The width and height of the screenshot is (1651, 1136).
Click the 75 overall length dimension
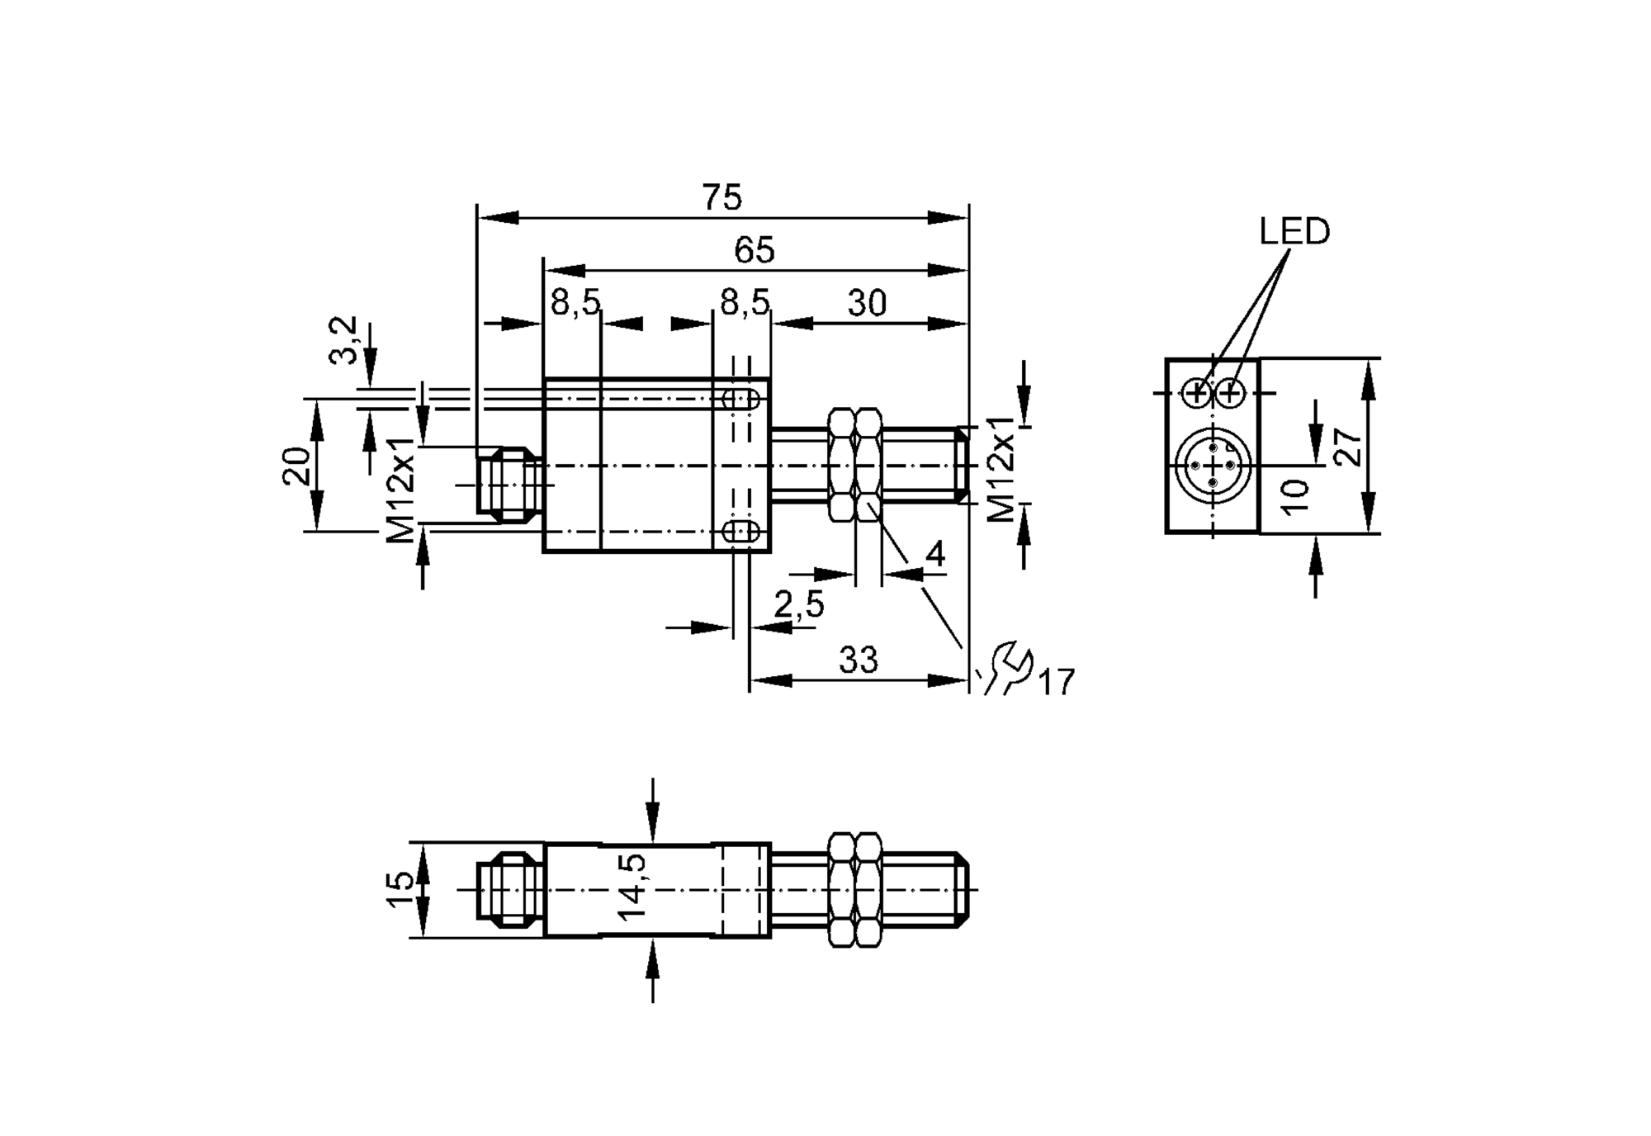pyautogui.click(x=722, y=198)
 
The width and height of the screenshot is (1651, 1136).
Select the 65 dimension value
pyautogui.click(x=754, y=251)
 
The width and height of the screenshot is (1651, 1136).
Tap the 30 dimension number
pyautogui.click(x=867, y=304)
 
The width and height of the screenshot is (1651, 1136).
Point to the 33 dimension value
pyautogui.click(x=859, y=660)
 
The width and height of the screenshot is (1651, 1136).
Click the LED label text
pyautogui.click(x=1294, y=232)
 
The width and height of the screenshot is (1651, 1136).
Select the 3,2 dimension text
pyautogui.click(x=345, y=339)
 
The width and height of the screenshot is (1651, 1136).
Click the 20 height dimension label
pyautogui.click(x=298, y=466)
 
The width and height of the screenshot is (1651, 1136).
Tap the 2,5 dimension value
pyautogui.click(x=798, y=605)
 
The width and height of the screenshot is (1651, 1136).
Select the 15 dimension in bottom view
pyautogui.click(x=400, y=890)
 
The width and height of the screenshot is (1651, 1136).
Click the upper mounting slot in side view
pyautogui.click(x=740, y=400)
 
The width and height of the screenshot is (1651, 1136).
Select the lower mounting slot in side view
pyautogui.click(x=740, y=532)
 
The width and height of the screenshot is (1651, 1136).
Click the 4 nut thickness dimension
pyautogui.click(x=934, y=555)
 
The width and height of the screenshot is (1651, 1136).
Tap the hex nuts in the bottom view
pyautogui.click(x=854, y=890)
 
